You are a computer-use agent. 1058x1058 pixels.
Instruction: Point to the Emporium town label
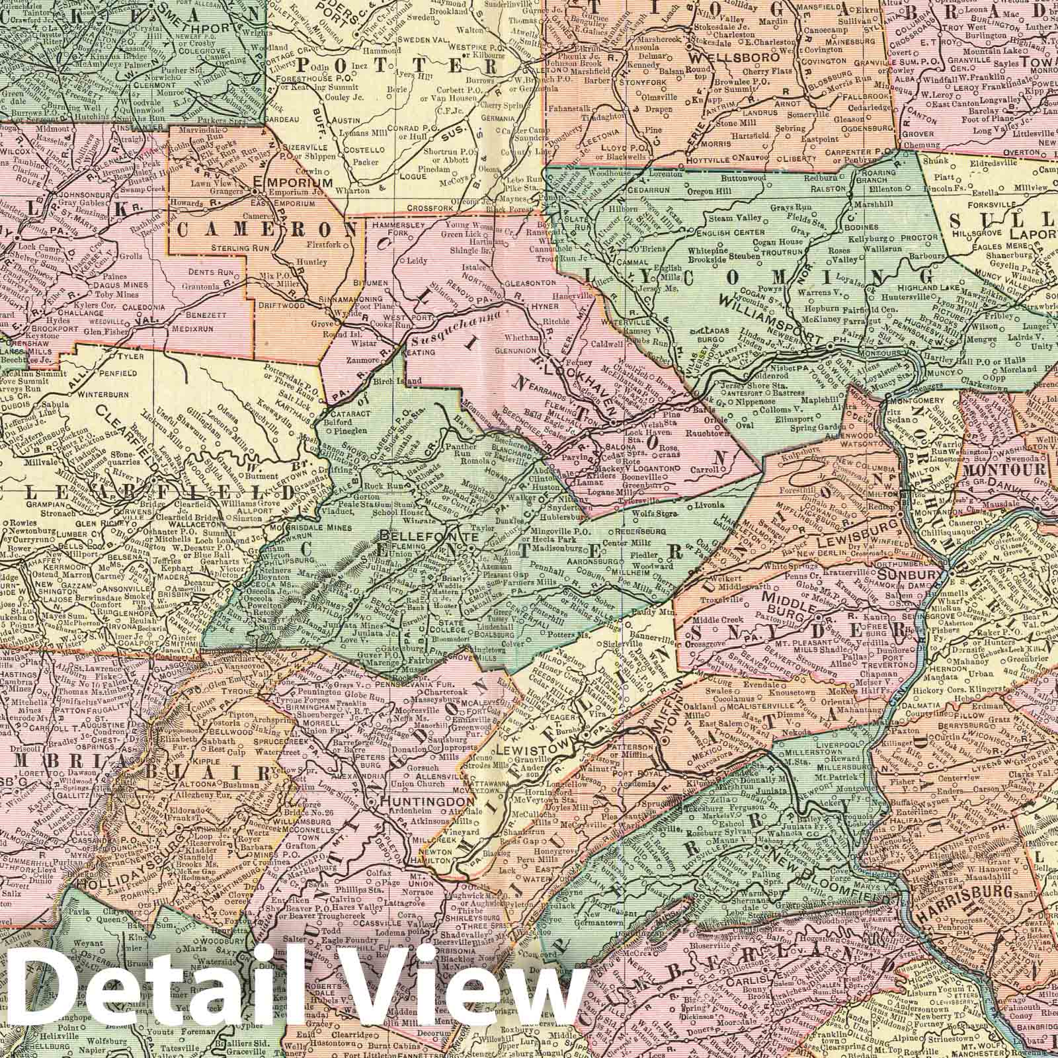(x=288, y=183)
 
